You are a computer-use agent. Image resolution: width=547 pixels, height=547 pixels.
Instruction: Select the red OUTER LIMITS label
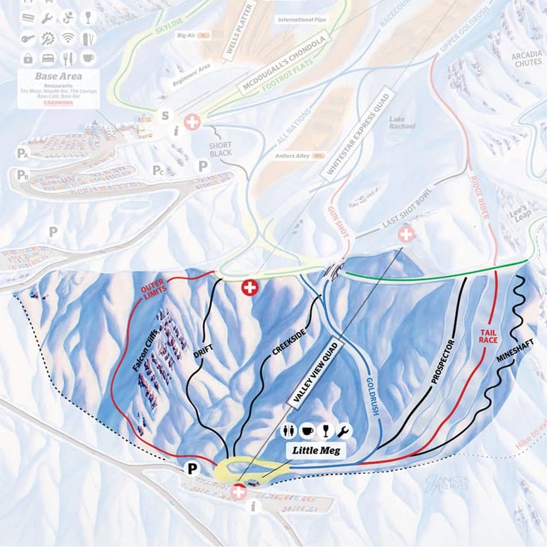(x=152, y=293)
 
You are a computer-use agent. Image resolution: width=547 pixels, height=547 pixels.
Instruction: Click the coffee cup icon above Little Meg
(x=308, y=430)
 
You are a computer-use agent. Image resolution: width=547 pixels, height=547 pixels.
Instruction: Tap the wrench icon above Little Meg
(x=344, y=430)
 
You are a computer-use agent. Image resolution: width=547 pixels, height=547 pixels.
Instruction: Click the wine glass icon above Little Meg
(x=326, y=430)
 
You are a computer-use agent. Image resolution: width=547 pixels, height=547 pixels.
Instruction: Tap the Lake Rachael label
(x=401, y=123)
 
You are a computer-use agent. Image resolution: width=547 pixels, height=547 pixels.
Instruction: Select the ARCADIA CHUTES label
(x=526, y=60)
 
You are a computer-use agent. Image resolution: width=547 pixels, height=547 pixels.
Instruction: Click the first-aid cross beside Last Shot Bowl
(x=406, y=233)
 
